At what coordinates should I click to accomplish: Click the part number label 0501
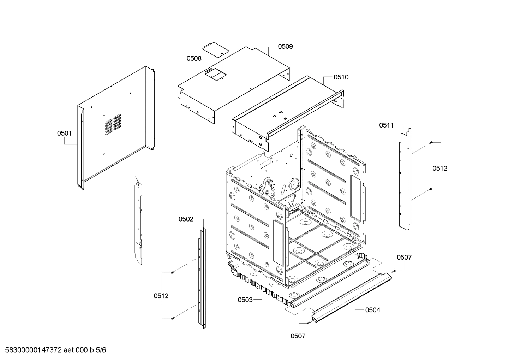64,133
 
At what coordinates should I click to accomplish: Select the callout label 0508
194,58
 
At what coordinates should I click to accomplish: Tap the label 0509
285,46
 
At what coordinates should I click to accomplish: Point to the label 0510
341,77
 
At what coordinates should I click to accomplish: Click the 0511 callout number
387,125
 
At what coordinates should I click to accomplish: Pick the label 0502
186,219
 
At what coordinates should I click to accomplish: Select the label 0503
245,300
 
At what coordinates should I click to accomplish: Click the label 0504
372,310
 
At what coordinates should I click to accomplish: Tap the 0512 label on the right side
440,168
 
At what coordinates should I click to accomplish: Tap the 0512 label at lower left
161,296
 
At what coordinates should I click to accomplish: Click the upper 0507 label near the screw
404,257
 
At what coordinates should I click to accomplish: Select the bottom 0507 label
298,336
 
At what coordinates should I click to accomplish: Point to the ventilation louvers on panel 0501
113,124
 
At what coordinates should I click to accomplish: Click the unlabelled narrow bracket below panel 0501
139,219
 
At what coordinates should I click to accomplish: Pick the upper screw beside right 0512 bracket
431,142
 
